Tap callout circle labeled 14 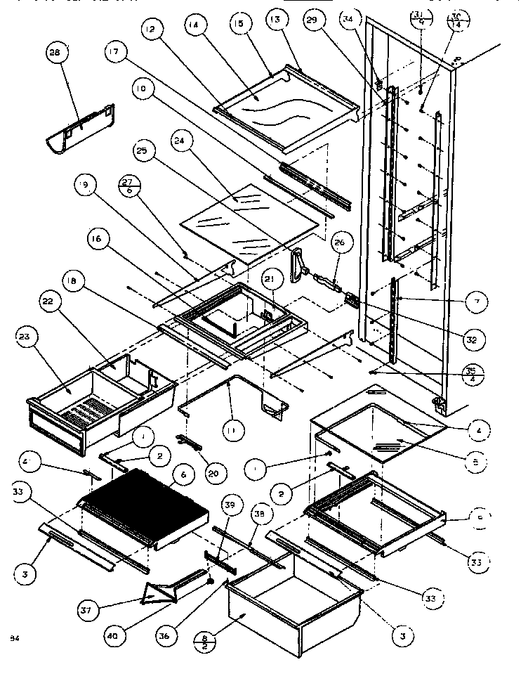(x=194, y=25)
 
